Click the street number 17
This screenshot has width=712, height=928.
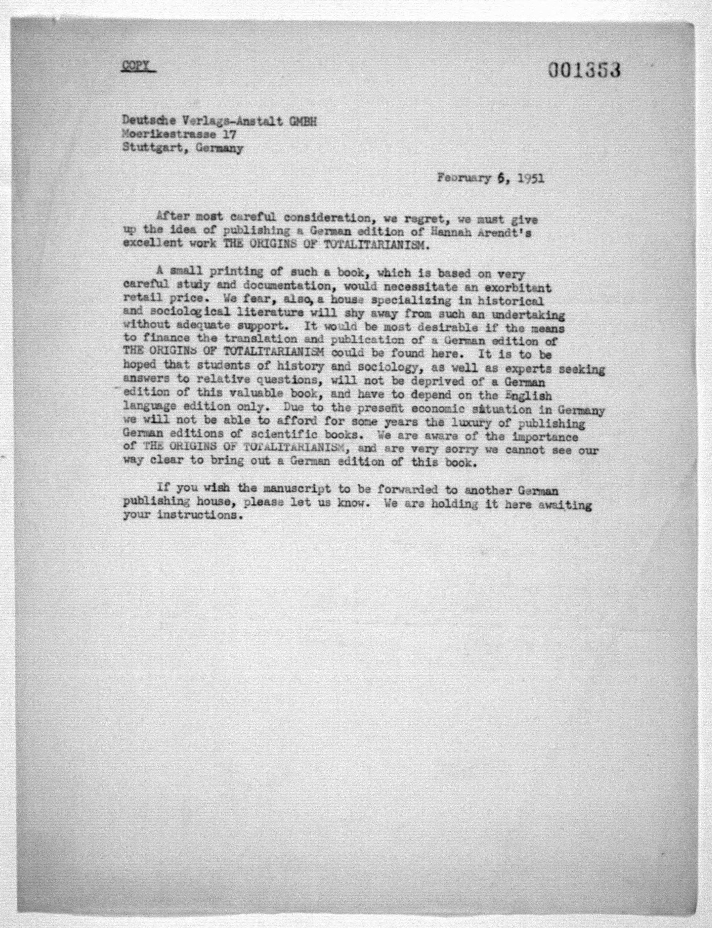229,135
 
